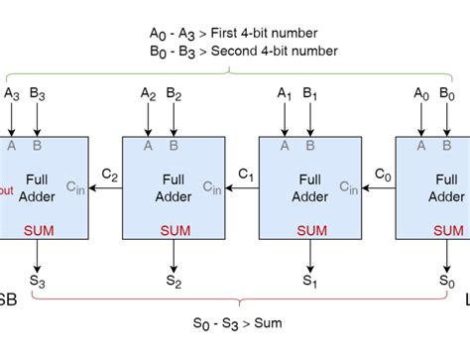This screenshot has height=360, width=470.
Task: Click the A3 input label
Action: pyautogui.click(x=12, y=95)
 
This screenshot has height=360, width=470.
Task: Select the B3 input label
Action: pyautogui.click(x=38, y=95)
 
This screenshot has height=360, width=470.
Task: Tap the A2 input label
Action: pyautogui.click(x=149, y=95)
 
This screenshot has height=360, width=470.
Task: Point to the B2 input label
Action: pyautogui.click(x=175, y=95)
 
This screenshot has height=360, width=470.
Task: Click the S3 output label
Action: pyautogui.click(x=38, y=282)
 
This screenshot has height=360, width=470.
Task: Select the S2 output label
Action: pyautogui.click(x=175, y=282)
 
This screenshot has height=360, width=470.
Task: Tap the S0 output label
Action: pyautogui.click(x=447, y=282)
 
